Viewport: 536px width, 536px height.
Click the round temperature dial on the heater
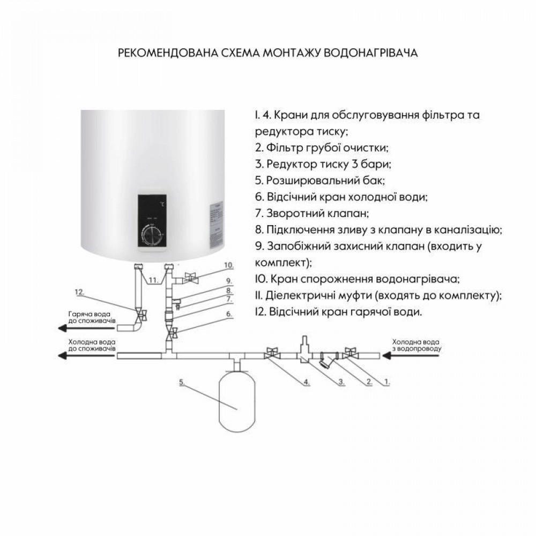(x=153, y=234)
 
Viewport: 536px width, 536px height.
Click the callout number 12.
(x=80, y=292)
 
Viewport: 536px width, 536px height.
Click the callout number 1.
(x=387, y=382)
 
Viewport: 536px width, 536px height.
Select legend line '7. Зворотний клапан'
(x=311, y=213)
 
